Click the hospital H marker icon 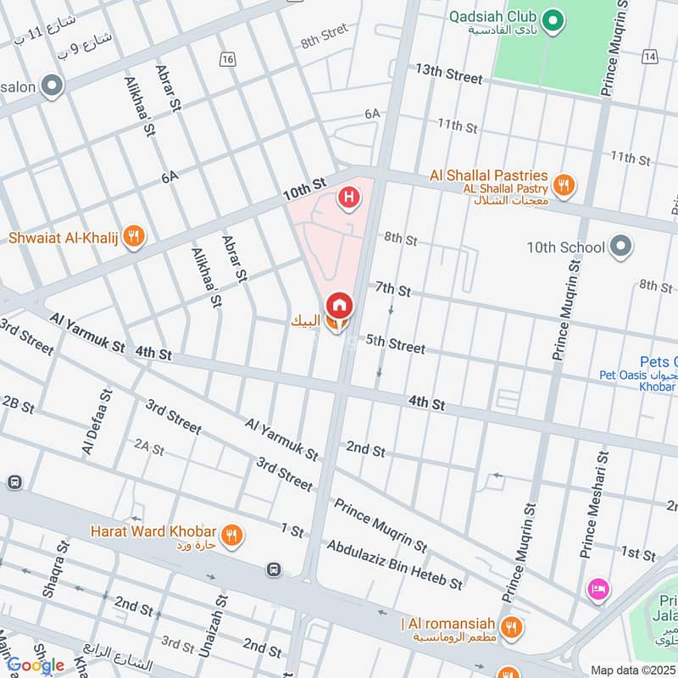[x=347, y=199]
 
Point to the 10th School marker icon [x=622, y=247]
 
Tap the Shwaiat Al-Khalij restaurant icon [x=132, y=237]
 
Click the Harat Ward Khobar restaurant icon [x=231, y=535]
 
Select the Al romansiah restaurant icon [x=510, y=628]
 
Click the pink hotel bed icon [x=597, y=589]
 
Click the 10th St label [x=305, y=189]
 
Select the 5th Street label [x=395, y=344]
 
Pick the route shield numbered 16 [x=226, y=58]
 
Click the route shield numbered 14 [x=650, y=56]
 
